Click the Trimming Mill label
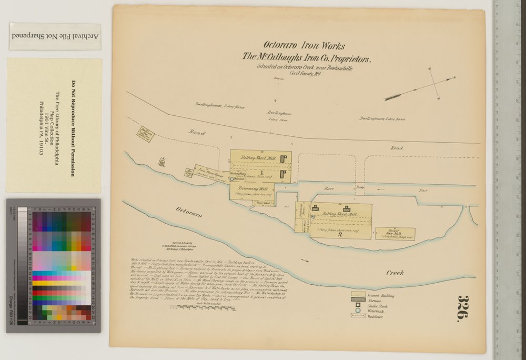252,188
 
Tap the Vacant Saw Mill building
395,234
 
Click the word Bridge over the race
360,187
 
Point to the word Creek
394,273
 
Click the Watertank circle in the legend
358,311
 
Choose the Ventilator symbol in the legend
358,316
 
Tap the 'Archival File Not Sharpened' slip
55,36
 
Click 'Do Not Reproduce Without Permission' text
73,128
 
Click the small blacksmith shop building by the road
144,133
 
